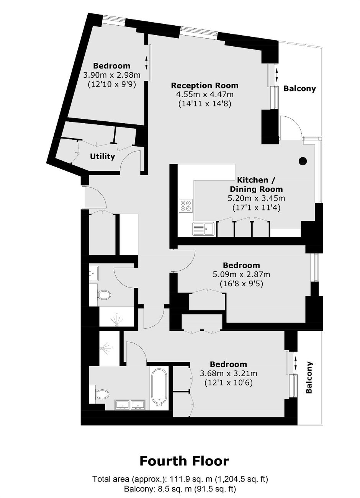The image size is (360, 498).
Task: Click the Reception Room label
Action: coord(205,86)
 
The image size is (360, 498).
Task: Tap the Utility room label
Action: coord(102,157)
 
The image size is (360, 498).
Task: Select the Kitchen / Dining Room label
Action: coord(256,184)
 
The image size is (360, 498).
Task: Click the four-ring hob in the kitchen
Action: coord(186,206)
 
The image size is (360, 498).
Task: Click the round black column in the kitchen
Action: coord(303,161)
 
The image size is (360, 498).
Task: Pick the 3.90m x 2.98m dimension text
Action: coord(112,75)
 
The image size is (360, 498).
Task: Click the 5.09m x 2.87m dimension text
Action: coord(241,274)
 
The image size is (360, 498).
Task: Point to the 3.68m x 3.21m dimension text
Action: coord(229,373)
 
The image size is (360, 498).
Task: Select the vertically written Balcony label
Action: coord(309,378)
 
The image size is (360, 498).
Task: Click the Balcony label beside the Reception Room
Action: coord(299,89)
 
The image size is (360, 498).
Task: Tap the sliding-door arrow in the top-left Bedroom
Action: coord(146,63)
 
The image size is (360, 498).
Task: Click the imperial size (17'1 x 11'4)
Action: coord(256,208)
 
